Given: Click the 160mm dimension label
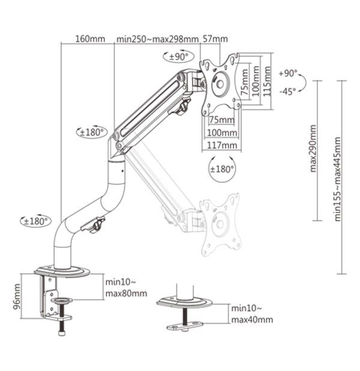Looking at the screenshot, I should tap(90, 39).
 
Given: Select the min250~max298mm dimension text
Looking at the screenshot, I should tap(157, 39).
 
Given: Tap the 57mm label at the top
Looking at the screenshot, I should tap(215, 39).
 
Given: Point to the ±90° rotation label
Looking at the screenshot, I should tap(178, 57).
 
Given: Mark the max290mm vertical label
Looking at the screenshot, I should tap(314, 148).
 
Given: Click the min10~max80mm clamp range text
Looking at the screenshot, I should tap(125, 288).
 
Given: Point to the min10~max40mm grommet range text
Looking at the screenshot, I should tap(251, 314).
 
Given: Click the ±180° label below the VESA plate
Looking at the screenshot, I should tap(221, 169).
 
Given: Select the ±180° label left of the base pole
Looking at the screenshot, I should tap(35, 221).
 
